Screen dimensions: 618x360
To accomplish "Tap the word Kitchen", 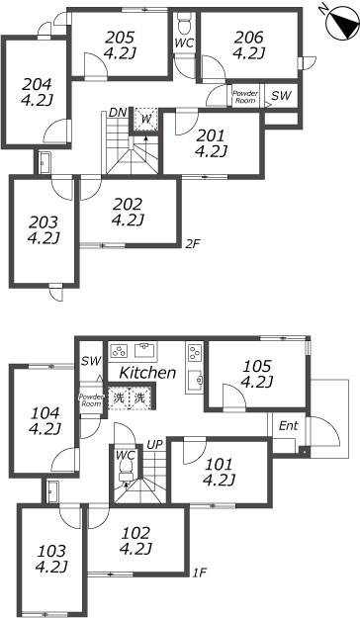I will click(x=147, y=373).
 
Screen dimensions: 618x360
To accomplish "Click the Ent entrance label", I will click(x=288, y=426).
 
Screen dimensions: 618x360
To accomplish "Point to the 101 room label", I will click(x=219, y=464).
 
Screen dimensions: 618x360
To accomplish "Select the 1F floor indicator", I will click(x=198, y=573).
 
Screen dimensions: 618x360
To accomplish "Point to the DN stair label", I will click(x=118, y=112).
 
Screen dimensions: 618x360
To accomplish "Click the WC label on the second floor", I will click(x=184, y=44).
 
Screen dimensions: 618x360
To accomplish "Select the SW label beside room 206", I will click(x=281, y=95).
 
